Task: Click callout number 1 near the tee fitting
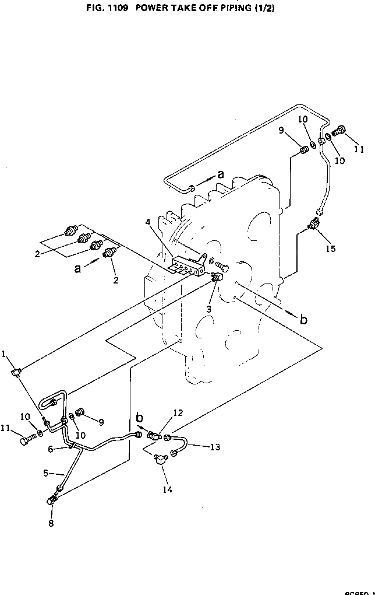pyautogui.click(x=4, y=353)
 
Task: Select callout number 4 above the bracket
pyautogui.click(x=149, y=222)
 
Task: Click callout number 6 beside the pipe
pyautogui.click(x=51, y=449)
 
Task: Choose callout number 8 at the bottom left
pyautogui.click(x=51, y=523)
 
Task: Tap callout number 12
pyautogui.click(x=178, y=413)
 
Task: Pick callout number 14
pyautogui.click(x=167, y=489)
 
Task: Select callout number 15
pyautogui.click(x=331, y=249)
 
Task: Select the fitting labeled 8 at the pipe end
pyautogui.click(x=52, y=500)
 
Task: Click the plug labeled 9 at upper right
pyautogui.click(x=302, y=152)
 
